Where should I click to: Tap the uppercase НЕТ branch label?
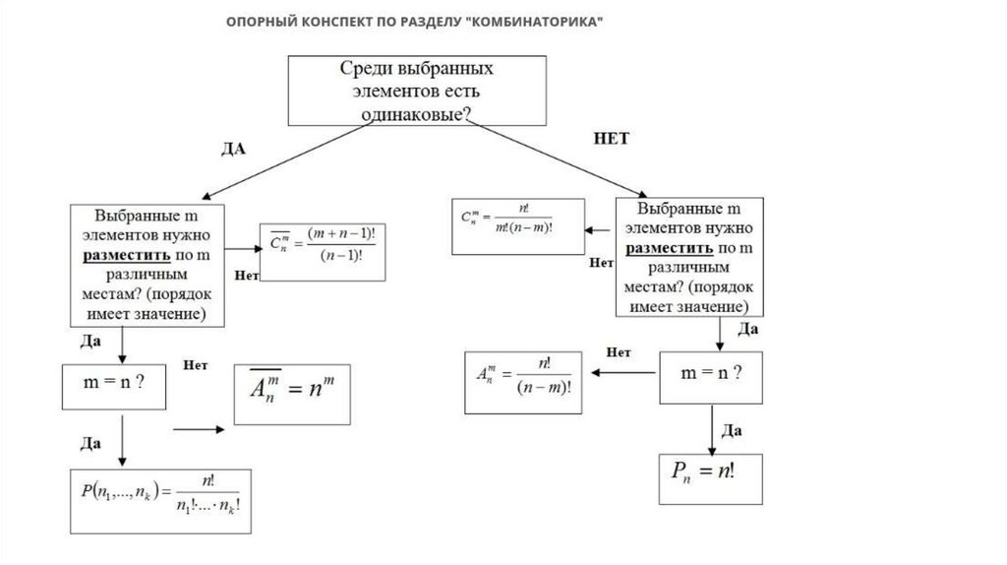pos(611,139)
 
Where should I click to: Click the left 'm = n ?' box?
pos(112,385)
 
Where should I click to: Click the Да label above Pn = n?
pos(731,430)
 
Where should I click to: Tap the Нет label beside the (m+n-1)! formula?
pos(247,277)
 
